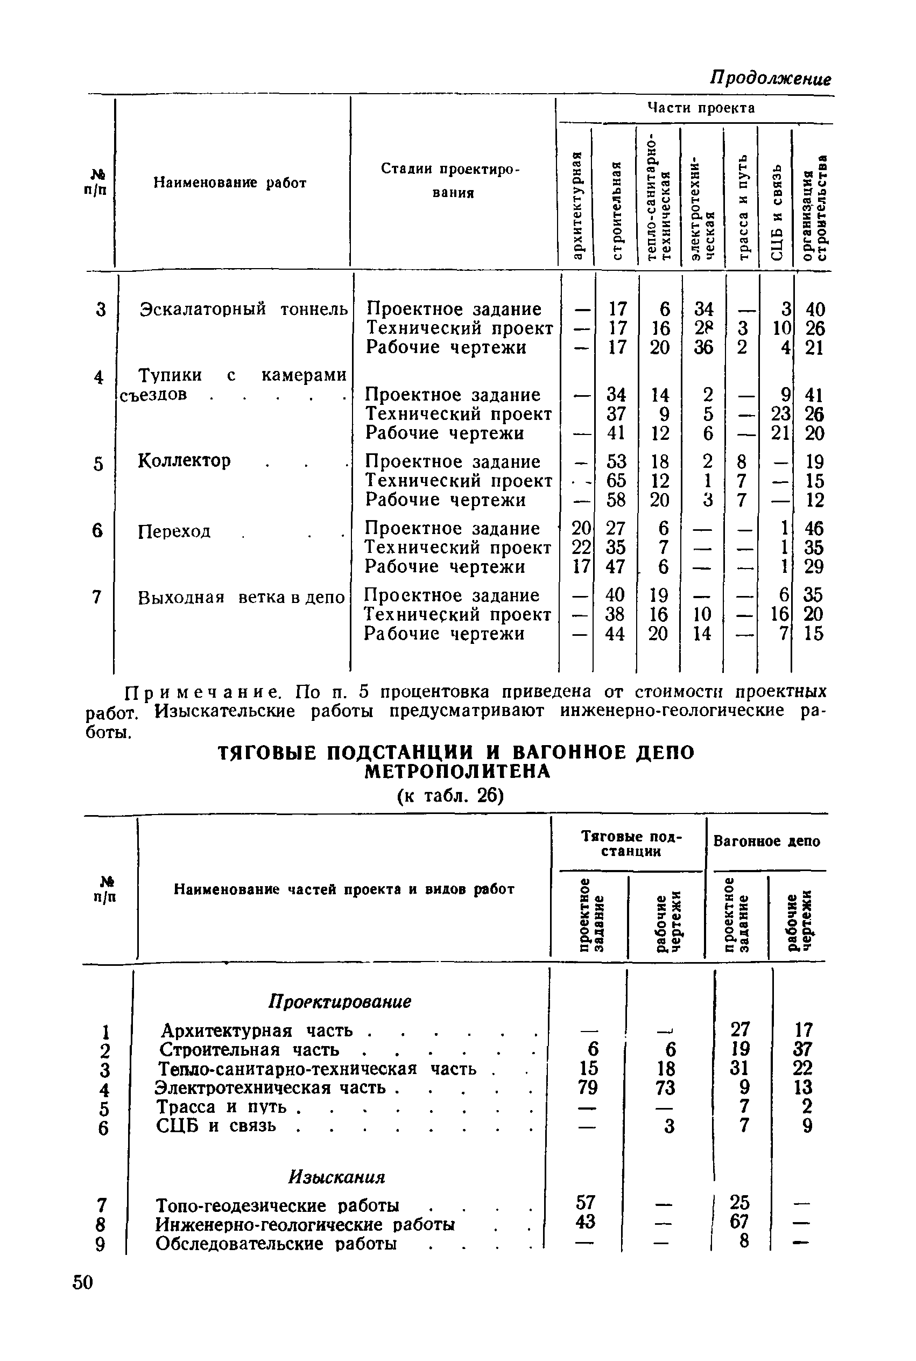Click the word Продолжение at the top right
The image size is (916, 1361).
[770, 78]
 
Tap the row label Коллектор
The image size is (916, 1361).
[184, 460]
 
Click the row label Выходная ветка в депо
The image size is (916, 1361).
[241, 598]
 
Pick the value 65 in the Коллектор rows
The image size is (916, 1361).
[616, 480]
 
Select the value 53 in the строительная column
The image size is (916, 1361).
[616, 462]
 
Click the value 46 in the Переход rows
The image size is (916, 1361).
[814, 528]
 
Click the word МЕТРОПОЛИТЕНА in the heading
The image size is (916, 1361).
[457, 772]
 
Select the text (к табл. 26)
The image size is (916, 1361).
[450, 795]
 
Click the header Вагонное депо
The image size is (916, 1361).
[766, 841]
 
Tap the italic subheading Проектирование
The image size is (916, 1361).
[340, 1001]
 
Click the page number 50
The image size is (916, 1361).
[83, 1282]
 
